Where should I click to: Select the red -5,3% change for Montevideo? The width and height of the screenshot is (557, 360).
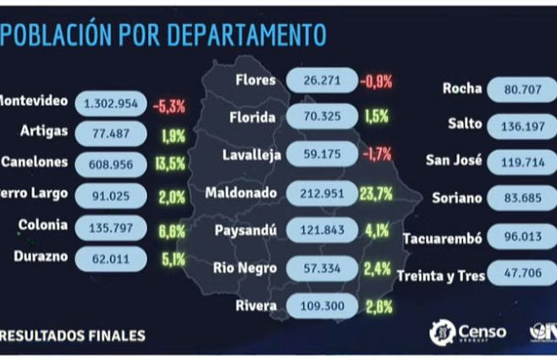pyautogui.click(x=169, y=106)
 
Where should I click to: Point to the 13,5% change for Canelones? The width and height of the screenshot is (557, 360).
pyautogui.click(x=169, y=163)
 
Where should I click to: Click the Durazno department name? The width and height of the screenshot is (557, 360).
pyautogui.click(x=41, y=255)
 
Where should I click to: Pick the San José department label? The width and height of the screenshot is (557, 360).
pyautogui.click(x=453, y=161)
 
